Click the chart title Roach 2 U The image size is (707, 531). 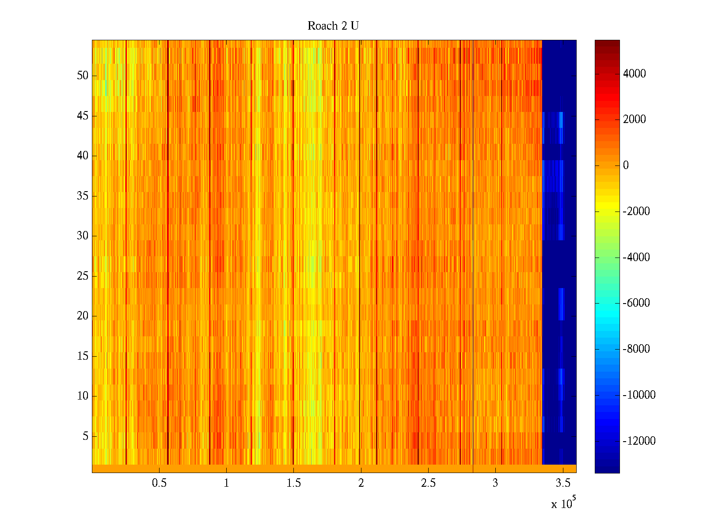pos(333,26)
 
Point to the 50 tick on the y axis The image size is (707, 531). pos(83,76)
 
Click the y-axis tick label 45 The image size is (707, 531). pos(83,116)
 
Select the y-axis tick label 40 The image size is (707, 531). pos(83,156)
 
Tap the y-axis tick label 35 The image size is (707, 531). pos(83,196)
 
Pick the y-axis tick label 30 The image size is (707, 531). pos(83,236)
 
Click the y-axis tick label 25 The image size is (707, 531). pos(83,276)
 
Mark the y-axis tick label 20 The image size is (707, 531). pos(83,316)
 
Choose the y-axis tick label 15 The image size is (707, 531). pos(83,356)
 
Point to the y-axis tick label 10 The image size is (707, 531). pos(83,396)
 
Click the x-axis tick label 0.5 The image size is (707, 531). pos(159,483)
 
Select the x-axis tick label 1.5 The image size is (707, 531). pos(293,483)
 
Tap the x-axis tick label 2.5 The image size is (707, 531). pos(428,483)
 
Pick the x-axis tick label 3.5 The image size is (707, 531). pos(563,483)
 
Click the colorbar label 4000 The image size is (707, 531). pos(635,74)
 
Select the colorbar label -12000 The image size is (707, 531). pos(639,441)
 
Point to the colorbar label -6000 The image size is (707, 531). pos(636,303)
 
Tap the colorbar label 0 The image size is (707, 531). pos(626,165)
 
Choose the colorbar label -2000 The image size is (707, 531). pos(636,212)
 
